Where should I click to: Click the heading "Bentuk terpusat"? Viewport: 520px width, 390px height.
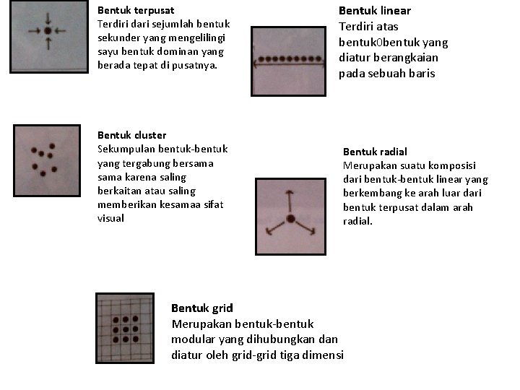tap(136, 11)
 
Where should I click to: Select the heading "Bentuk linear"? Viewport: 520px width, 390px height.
tap(375, 11)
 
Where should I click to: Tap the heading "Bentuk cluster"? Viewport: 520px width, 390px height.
tap(131, 135)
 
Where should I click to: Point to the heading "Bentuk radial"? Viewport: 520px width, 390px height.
tap(375, 152)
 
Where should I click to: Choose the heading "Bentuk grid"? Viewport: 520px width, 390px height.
tap(202, 308)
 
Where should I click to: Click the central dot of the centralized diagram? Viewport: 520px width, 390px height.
tap(48, 32)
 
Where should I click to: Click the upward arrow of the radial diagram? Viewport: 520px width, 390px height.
tap(290, 199)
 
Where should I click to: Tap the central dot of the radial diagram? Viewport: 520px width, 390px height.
tap(290, 219)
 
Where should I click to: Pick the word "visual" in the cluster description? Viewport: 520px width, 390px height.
tap(111, 218)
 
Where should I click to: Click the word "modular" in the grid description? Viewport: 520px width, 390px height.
tap(191, 339)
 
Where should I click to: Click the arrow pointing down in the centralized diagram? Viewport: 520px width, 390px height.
tap(48, 18)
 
